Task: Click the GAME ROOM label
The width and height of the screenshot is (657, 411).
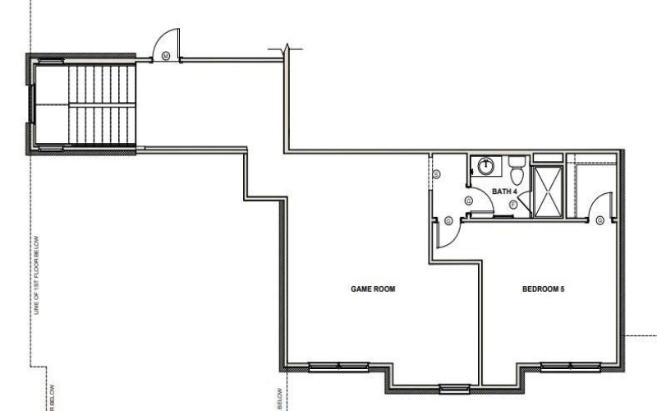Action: (374, 289)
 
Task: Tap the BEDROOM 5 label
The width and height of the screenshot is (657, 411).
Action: (543, 289)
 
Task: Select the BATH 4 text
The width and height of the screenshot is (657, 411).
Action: (503, 191)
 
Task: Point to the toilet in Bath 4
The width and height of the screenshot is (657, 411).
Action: (517, 173)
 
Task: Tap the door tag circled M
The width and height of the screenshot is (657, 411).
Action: (165, 56)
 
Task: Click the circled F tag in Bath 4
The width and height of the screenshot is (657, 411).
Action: (513, 203)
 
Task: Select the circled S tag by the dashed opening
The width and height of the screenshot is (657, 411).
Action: (436, 173)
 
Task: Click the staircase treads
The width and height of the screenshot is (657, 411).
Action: (99, 104)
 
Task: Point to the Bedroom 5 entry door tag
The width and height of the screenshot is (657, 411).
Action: (601, 220)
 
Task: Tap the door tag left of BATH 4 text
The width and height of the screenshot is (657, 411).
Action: (468, 200)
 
